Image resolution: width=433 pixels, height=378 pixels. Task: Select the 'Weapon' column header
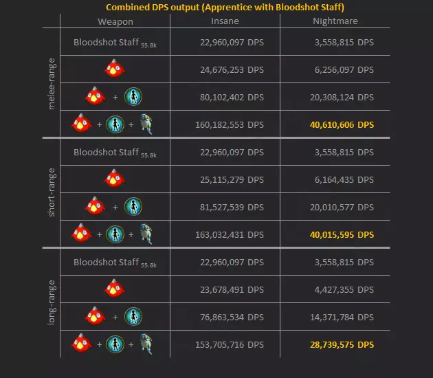click(x=115, y=21)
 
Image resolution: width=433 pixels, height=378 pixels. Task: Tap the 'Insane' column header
click(x=225, y=21)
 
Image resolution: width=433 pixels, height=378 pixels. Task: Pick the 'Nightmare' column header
click(x=335, y=21)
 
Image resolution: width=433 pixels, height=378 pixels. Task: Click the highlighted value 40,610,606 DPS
click(x=341, y=124)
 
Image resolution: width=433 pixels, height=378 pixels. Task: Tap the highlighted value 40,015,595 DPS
click(x=341, y=234)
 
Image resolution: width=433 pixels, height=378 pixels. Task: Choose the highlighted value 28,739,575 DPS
click(x=341, y=344)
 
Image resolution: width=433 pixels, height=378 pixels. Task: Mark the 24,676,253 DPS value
click(x=227, y=69)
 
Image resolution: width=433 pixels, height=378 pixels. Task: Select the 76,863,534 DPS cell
click(x=227, y=317)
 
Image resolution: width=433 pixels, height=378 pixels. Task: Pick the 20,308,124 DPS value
click(x=342, y=97)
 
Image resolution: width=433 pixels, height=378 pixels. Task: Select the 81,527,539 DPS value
click(x=227, y=207)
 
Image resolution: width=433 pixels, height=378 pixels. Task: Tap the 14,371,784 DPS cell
click(x=342, y=317)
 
